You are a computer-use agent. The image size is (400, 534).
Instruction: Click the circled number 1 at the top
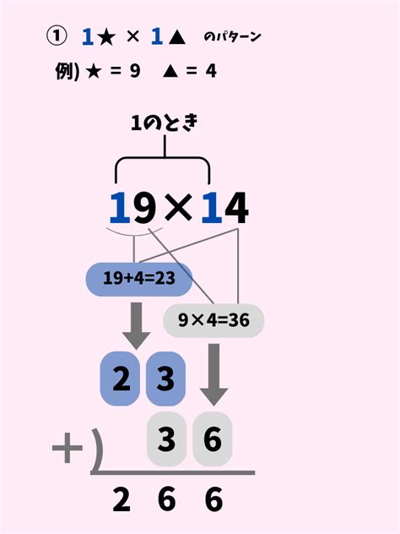[x=57, y=36]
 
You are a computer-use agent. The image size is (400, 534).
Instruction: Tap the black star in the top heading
[x=106, y=37]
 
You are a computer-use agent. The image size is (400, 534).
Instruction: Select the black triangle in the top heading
[x=176, y=37]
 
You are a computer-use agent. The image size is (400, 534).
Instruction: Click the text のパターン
[x=232, y=37]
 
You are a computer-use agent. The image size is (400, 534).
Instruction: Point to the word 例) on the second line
[x=67, y=72]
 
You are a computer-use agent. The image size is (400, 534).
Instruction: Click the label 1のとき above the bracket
[x=165, y=123]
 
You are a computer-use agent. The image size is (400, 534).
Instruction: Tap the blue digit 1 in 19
[x=120, y=208]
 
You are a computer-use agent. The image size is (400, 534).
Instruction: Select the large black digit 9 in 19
[x=144, y=208]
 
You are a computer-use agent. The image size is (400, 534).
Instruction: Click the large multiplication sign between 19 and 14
[x=178, y=208]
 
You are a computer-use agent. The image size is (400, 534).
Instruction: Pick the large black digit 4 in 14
[x=236, y=208]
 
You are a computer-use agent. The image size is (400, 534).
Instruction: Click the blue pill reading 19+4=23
[x=139, y=280]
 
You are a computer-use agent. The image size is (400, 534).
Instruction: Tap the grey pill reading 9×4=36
[x=214, y=320]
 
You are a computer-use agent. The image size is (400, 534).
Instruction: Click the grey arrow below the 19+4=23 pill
[x=137, y=325]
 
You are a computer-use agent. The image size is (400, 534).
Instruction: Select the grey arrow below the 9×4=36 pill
[x=214, y=374]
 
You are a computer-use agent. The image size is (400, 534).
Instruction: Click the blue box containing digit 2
[x=120, y=379]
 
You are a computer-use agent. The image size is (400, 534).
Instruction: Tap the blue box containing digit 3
[x=165, y=379]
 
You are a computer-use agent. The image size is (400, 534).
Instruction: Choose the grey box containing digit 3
[x=167, y=439]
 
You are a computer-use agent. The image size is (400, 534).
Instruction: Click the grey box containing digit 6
[x=213, y=439]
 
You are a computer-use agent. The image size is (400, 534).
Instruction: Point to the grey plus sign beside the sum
[x=68, y=448]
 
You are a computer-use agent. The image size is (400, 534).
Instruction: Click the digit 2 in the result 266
[x=122, y=499]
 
